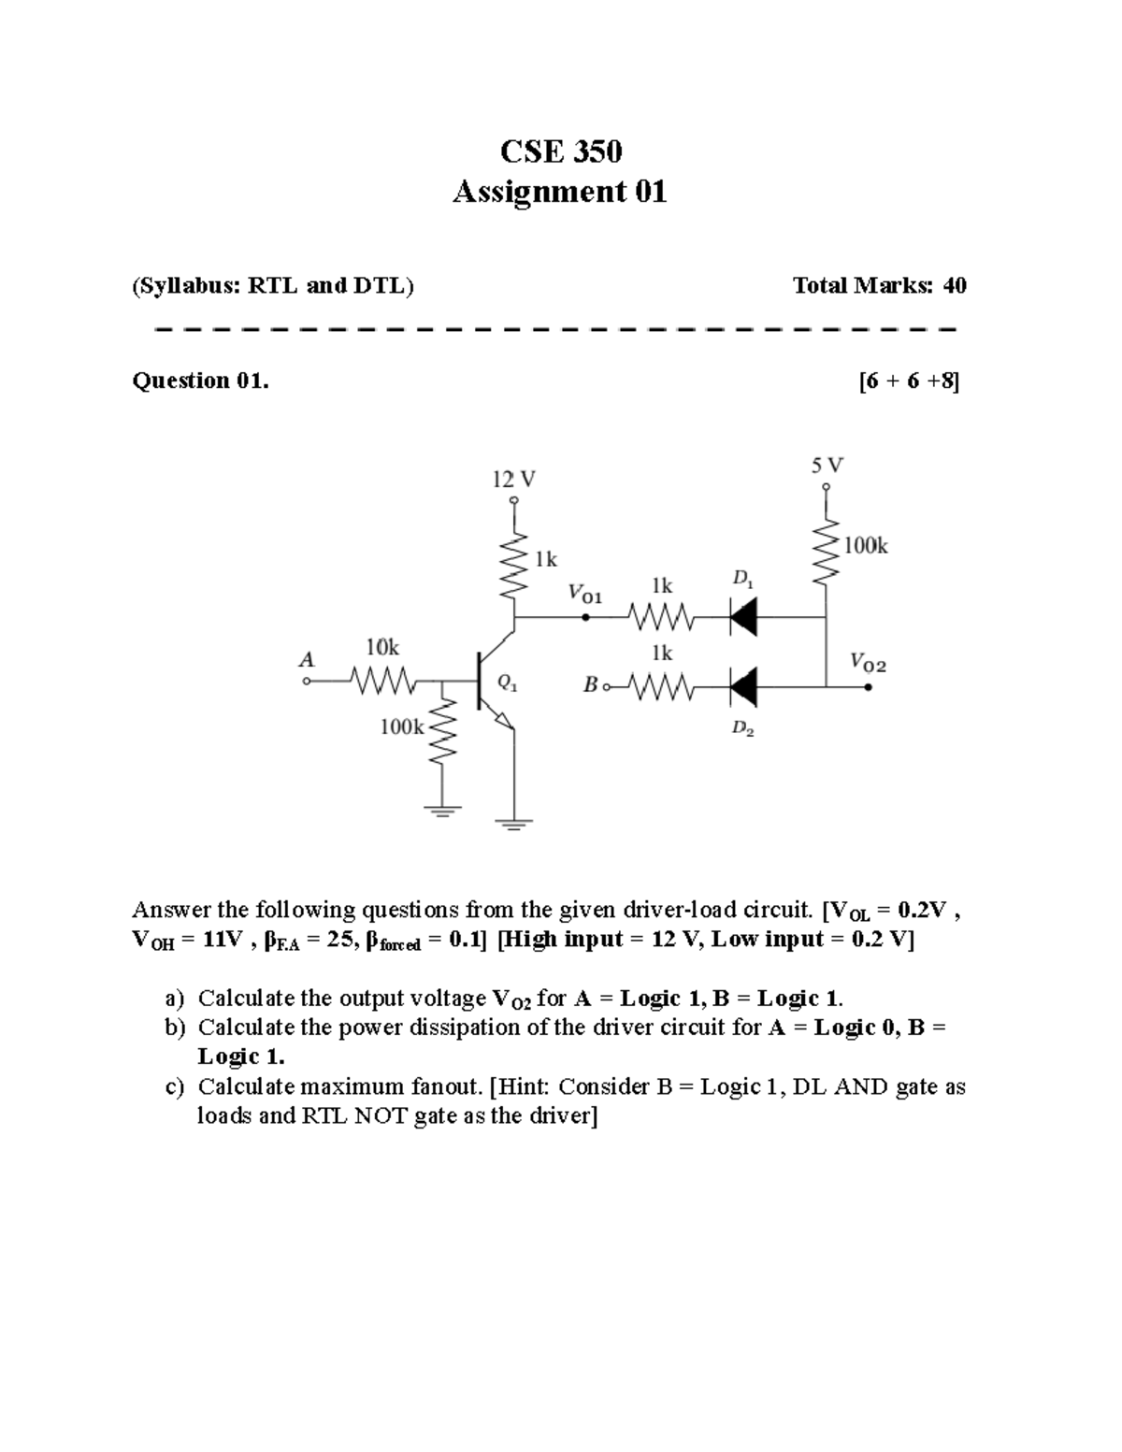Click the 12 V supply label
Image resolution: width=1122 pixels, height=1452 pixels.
coord(513,480)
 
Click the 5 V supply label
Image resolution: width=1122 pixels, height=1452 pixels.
coord(827,464)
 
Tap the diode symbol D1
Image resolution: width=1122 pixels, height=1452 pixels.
coord(743,617)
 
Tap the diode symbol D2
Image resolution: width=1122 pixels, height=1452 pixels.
coord(743,688)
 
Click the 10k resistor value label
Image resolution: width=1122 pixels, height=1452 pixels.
coord(381,647)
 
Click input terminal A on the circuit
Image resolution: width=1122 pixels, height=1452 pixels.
coord(306,682)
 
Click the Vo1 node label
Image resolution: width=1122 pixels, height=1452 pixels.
coord(585,594)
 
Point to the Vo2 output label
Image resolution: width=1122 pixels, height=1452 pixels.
coord(868,664)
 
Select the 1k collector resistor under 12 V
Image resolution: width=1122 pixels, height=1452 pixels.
coord(513,566)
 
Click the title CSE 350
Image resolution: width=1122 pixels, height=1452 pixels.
coord(560,151)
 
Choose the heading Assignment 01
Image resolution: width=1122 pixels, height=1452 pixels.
coord(559,192)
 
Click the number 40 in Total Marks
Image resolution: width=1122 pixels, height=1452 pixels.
coord(954,285)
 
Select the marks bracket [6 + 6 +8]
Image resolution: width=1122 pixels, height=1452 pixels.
coord(908,381)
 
